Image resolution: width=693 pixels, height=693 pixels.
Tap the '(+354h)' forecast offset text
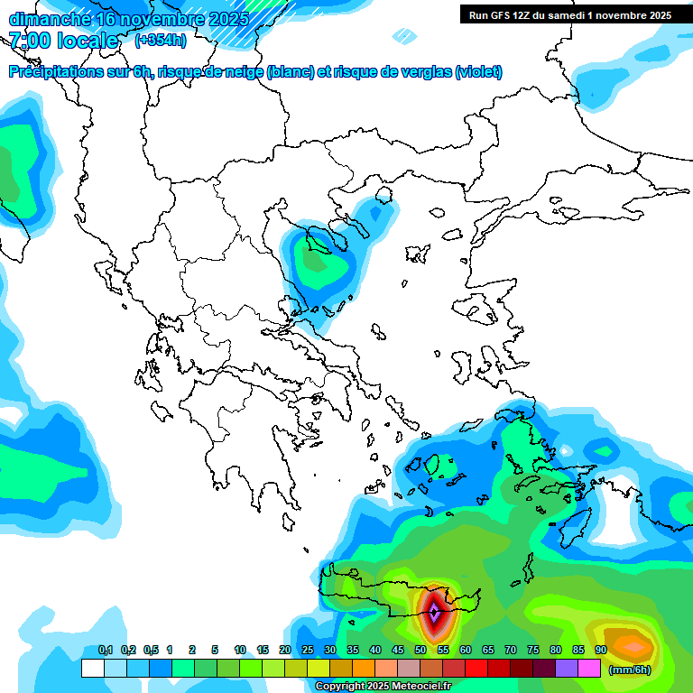(161, 40)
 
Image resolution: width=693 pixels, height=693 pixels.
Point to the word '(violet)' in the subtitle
(478, 72)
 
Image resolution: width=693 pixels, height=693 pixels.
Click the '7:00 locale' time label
(63, 41)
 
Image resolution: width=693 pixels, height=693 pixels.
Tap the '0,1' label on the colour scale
(106, 651)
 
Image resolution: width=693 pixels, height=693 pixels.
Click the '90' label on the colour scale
(601, 651)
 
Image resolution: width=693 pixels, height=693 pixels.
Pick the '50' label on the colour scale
(420, 651)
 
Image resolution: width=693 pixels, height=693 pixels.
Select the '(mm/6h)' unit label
(630, 670)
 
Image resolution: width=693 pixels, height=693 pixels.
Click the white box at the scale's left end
(92, 669)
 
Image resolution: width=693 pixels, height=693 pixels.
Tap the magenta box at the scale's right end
(589, 669)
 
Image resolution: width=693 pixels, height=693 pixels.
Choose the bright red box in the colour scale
(476, 669)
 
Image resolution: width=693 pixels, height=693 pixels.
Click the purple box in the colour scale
(567, 669)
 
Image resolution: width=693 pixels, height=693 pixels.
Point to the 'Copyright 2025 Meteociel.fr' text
(383, 687)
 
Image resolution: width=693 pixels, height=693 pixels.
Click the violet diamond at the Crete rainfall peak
(434, 613)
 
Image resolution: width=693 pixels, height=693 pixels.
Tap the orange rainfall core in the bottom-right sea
(635, 646)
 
